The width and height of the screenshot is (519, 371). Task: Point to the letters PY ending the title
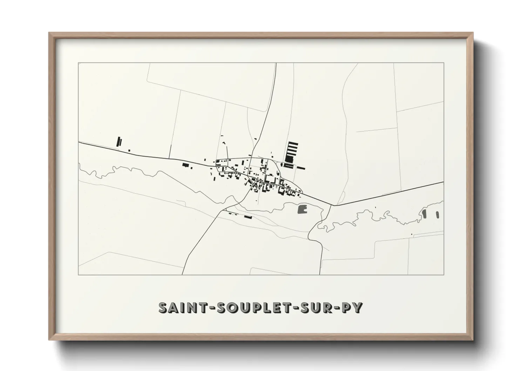[352, 308]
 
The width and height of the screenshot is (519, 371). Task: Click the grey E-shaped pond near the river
[302, 209]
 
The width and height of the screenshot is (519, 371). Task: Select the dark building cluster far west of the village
[119, 142]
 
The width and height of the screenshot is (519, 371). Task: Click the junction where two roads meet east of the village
[332, 205]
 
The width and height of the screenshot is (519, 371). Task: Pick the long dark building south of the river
[248, 217]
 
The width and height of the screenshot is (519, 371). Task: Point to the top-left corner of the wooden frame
[49, 34]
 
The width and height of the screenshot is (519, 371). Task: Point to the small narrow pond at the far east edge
[438, 214]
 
